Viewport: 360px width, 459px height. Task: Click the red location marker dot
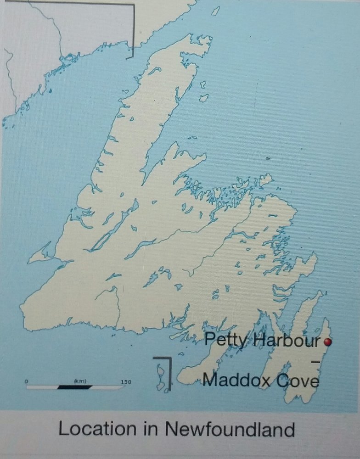point(327,341)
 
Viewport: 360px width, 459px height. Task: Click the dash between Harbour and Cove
point(315,362)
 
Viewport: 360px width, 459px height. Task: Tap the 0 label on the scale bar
point(26,381)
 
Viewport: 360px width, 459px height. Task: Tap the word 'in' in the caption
point(147,430)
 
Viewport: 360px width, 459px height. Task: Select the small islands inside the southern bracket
point(160,376)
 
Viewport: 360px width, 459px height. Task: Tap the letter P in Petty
point(209,341)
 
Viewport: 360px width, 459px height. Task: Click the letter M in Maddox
point(209,381)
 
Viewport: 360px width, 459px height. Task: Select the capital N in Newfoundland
point(171,430)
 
